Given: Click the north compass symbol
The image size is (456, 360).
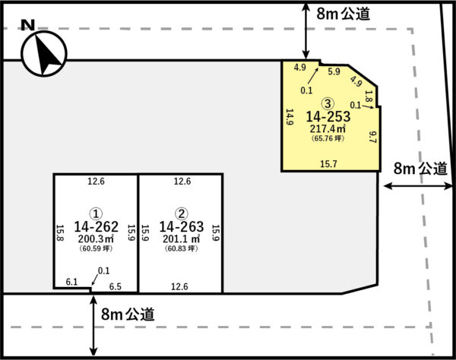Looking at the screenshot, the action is coord(44,53).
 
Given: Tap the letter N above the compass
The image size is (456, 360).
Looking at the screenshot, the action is coord(28,25).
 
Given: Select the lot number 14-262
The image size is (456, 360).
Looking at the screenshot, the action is coord(97,226).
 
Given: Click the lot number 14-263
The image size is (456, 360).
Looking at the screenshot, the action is coord(182,226).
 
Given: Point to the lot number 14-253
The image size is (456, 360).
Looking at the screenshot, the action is coord(328,116).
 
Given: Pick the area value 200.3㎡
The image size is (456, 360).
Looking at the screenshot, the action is coord(96,238).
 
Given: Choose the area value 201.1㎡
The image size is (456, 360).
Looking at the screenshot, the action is coord(182,238).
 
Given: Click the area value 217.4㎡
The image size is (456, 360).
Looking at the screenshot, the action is coord(328,128).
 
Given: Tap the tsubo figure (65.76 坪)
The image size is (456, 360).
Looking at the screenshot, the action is coord(328,138).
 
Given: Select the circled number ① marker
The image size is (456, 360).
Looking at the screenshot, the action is coord(96,214).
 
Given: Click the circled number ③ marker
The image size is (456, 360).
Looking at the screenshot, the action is coord(328,103).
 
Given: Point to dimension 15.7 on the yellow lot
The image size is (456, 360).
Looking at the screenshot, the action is coord(328,164).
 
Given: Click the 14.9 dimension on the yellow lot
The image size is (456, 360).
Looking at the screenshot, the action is coord(290,117).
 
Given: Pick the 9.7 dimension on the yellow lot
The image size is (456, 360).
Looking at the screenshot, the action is coord(372,137).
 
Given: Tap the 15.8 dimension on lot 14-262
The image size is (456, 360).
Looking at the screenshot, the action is coord(59,232).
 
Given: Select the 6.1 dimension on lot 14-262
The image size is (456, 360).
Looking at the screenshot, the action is coord(71,282).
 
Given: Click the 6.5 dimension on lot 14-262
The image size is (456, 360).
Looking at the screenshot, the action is coord(116,287).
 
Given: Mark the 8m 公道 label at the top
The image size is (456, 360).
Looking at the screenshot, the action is coord(344,14).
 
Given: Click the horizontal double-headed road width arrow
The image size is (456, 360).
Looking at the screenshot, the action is coord(418,186).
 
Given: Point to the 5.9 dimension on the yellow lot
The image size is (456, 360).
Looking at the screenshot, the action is coord(334,71).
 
